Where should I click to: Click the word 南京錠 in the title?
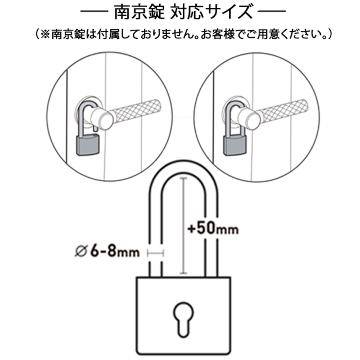click(139, 12)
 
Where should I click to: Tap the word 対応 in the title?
click(186, 12)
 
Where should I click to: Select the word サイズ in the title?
click(229, 12)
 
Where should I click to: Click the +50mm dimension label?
click(213, 229)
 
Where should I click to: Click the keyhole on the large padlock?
click(183, 319)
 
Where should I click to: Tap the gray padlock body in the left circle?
click(88, 145)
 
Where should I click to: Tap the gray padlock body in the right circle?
click(235, 145)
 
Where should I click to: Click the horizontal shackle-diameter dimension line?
click(156, 254)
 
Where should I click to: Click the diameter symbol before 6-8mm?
click(81, 251)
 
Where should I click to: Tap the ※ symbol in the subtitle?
click(45, 34)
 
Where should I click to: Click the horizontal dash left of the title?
click(94, 11)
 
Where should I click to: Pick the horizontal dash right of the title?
click(272, 11)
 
